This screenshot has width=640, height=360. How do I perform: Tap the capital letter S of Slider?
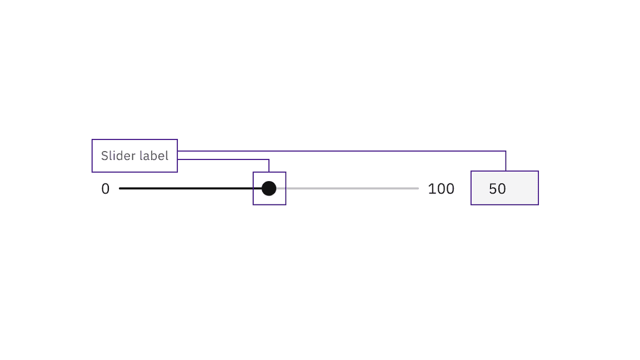pyautogui.click(x=104, y=156)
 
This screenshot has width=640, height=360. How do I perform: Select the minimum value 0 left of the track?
pyautogui.click(x=106, y=189)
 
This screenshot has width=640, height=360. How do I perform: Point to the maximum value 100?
pyautogui.click(x=441, y=189)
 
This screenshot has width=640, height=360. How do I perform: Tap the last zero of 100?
pyautogui.click(x=449, y=189)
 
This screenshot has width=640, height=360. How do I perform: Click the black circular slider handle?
pyautogui.click(x=269, y=188)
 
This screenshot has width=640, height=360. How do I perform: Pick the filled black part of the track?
pyautogui.click(x=189, y=188)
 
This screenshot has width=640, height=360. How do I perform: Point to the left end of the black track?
pyautogui.click(x=121, y=188)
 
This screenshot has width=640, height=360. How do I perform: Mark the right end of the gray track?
pyautogui.click(x=417, y=188)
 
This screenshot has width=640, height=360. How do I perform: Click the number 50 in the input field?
pyautogui.click(x=497, y=189)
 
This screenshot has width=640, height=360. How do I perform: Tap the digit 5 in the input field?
pyautogui.click(x=493, y=189)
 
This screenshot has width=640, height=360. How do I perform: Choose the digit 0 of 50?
pyautogui.click(x=502, y=189)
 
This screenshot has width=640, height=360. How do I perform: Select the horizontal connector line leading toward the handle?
pyautogui.click(x=222, y=159)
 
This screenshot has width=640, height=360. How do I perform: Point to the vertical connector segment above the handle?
pyautogui.click(x=269, y=166)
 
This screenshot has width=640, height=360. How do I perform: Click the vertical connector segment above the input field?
pyautogui.click(x=506, y=161)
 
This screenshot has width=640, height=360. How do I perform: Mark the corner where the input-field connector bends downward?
pyautogui.click(x=506, y=151)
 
